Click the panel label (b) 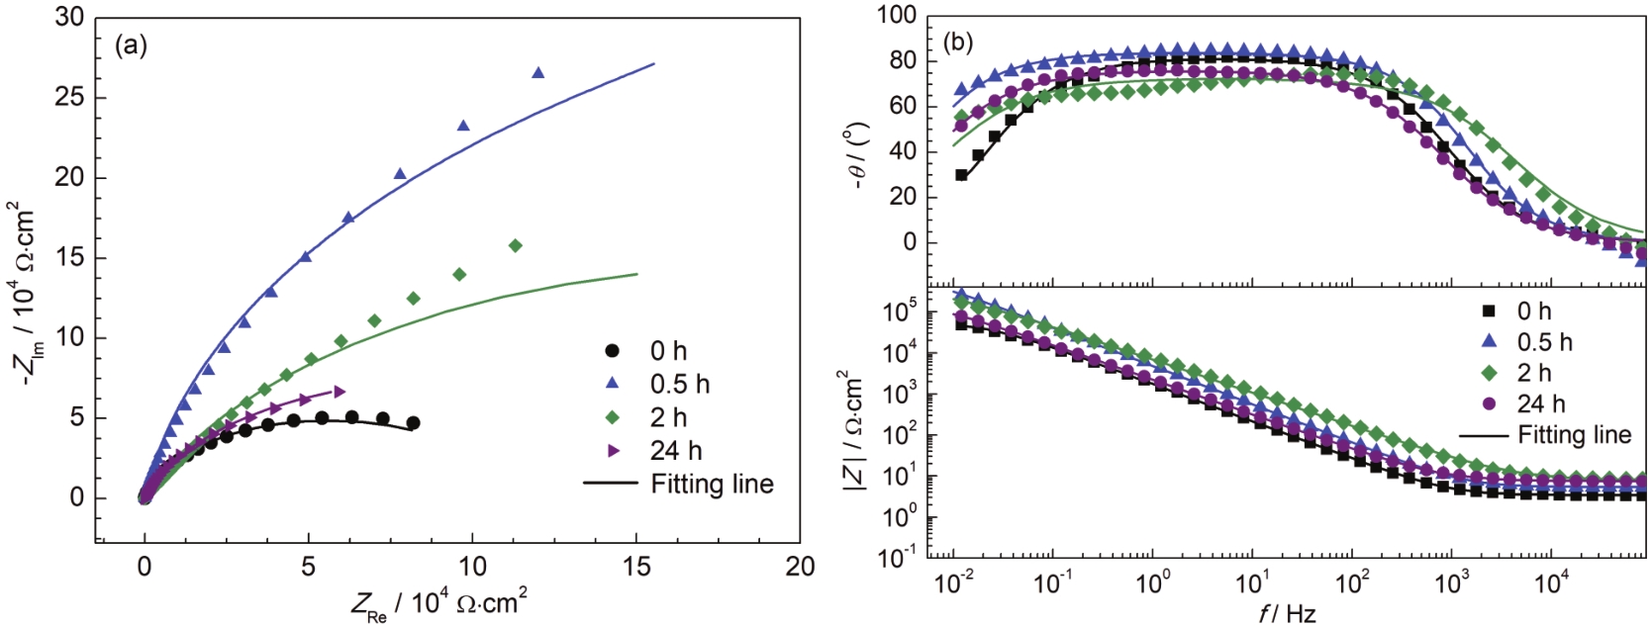coord(958,42)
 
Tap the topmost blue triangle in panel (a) coord(538,72)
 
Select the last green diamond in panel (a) coord(515,245)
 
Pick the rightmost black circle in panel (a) coord(413,422)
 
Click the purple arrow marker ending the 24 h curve coord(340,391)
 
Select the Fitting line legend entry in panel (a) coord(678,484)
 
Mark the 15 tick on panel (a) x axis coord(636,566)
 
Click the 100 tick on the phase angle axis coord(896,16)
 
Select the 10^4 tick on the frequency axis coord(1551,582)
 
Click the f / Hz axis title coord(1287,613)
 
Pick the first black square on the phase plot coord(961,175)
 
